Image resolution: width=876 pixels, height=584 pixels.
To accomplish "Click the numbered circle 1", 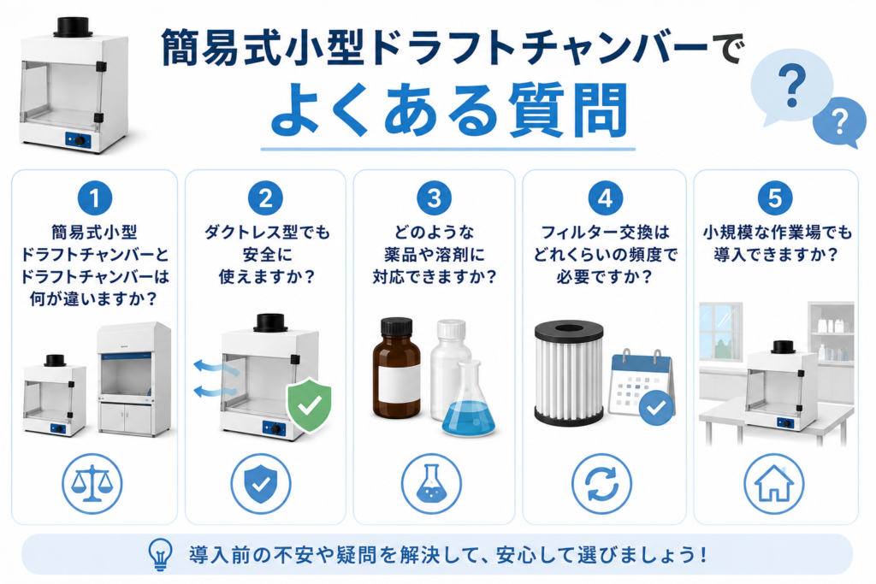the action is click(x=94, y=198).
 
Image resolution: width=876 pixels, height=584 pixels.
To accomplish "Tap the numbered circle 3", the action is click(x=434, y=198).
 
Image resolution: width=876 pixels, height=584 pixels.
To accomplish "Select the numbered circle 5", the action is click(x=775, y=198).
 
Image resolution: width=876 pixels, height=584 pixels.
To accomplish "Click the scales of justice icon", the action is click(x=92, y=483).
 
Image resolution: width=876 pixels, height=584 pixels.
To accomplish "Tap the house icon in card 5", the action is click(x=773, y=483).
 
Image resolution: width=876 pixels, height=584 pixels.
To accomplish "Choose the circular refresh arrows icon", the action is click(x=601, y=483).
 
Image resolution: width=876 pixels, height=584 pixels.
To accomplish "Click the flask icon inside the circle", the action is click(x=431, y=483).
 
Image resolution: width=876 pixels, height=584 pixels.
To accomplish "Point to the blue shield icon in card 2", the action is click(x=261, y=483).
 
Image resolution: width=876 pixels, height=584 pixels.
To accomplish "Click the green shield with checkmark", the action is click(x=309, y=404).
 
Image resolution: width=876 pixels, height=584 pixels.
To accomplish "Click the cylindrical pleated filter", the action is click(x=569, y=373).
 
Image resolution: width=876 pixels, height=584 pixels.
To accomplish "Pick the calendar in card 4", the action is click(x=642, y=387).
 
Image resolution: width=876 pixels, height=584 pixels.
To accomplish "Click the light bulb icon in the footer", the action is click(x=160, y=554).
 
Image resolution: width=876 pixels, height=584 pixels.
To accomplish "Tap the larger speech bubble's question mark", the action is click(x=791, y=86).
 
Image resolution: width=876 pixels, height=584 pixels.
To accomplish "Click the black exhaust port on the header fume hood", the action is click(x=74, y=27).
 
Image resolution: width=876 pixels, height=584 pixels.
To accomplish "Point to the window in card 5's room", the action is click(x=720, y=332).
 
